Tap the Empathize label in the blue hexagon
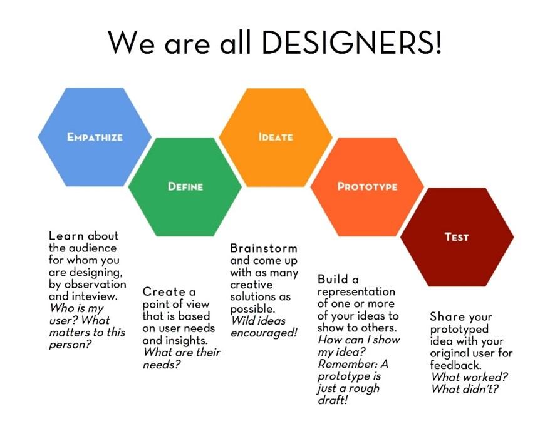[95, 136]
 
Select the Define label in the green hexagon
[185, 186]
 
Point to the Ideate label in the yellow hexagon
[275, 136]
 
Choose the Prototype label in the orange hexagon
[367, 186]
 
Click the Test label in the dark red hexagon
[457, 237]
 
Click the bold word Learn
[66, 236]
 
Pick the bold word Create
[164, 291]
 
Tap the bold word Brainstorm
[263, 248]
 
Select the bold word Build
[333, 280]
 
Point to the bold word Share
[446, 316]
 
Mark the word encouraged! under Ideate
[263, 333]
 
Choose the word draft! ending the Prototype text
[333, 400]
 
